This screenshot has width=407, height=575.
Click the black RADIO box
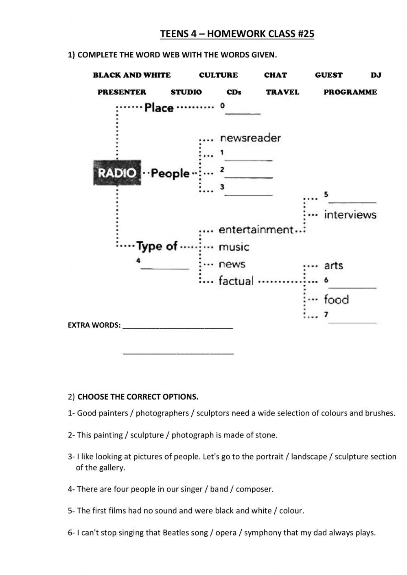[117, 173]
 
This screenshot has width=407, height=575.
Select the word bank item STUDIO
[186, 92]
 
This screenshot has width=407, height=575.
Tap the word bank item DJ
[376, 75]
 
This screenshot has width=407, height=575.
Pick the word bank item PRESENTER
[122, 92]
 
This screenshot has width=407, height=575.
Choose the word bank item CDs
[234, 92]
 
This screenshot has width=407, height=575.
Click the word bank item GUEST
[328, 75]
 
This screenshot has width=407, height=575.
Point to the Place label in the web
[159, 108]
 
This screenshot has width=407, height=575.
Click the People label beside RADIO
[170, 173]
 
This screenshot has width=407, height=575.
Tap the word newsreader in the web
[250, 138]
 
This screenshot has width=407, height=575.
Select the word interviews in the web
[350, 214]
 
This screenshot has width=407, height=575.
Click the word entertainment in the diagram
[256, 230]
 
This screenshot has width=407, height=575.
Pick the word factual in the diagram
[236, 281]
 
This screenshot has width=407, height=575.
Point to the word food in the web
[336, 300]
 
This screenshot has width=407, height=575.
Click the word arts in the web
[333, 266]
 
